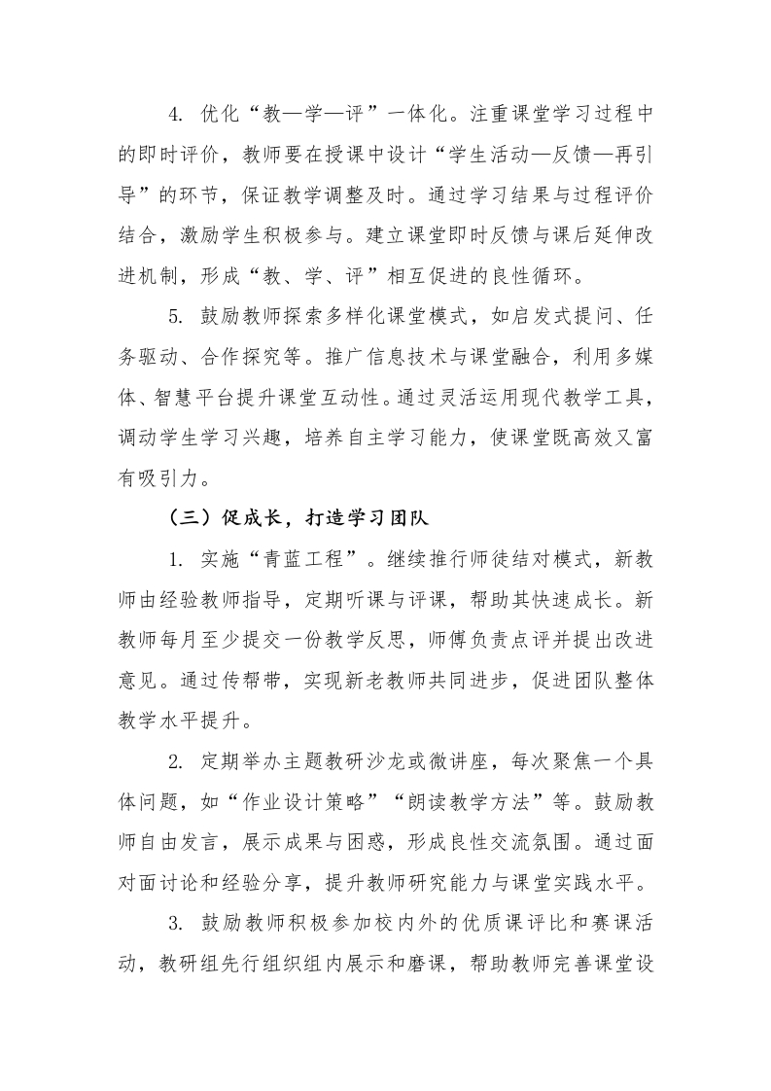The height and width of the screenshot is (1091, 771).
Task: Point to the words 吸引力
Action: [167, 450]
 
